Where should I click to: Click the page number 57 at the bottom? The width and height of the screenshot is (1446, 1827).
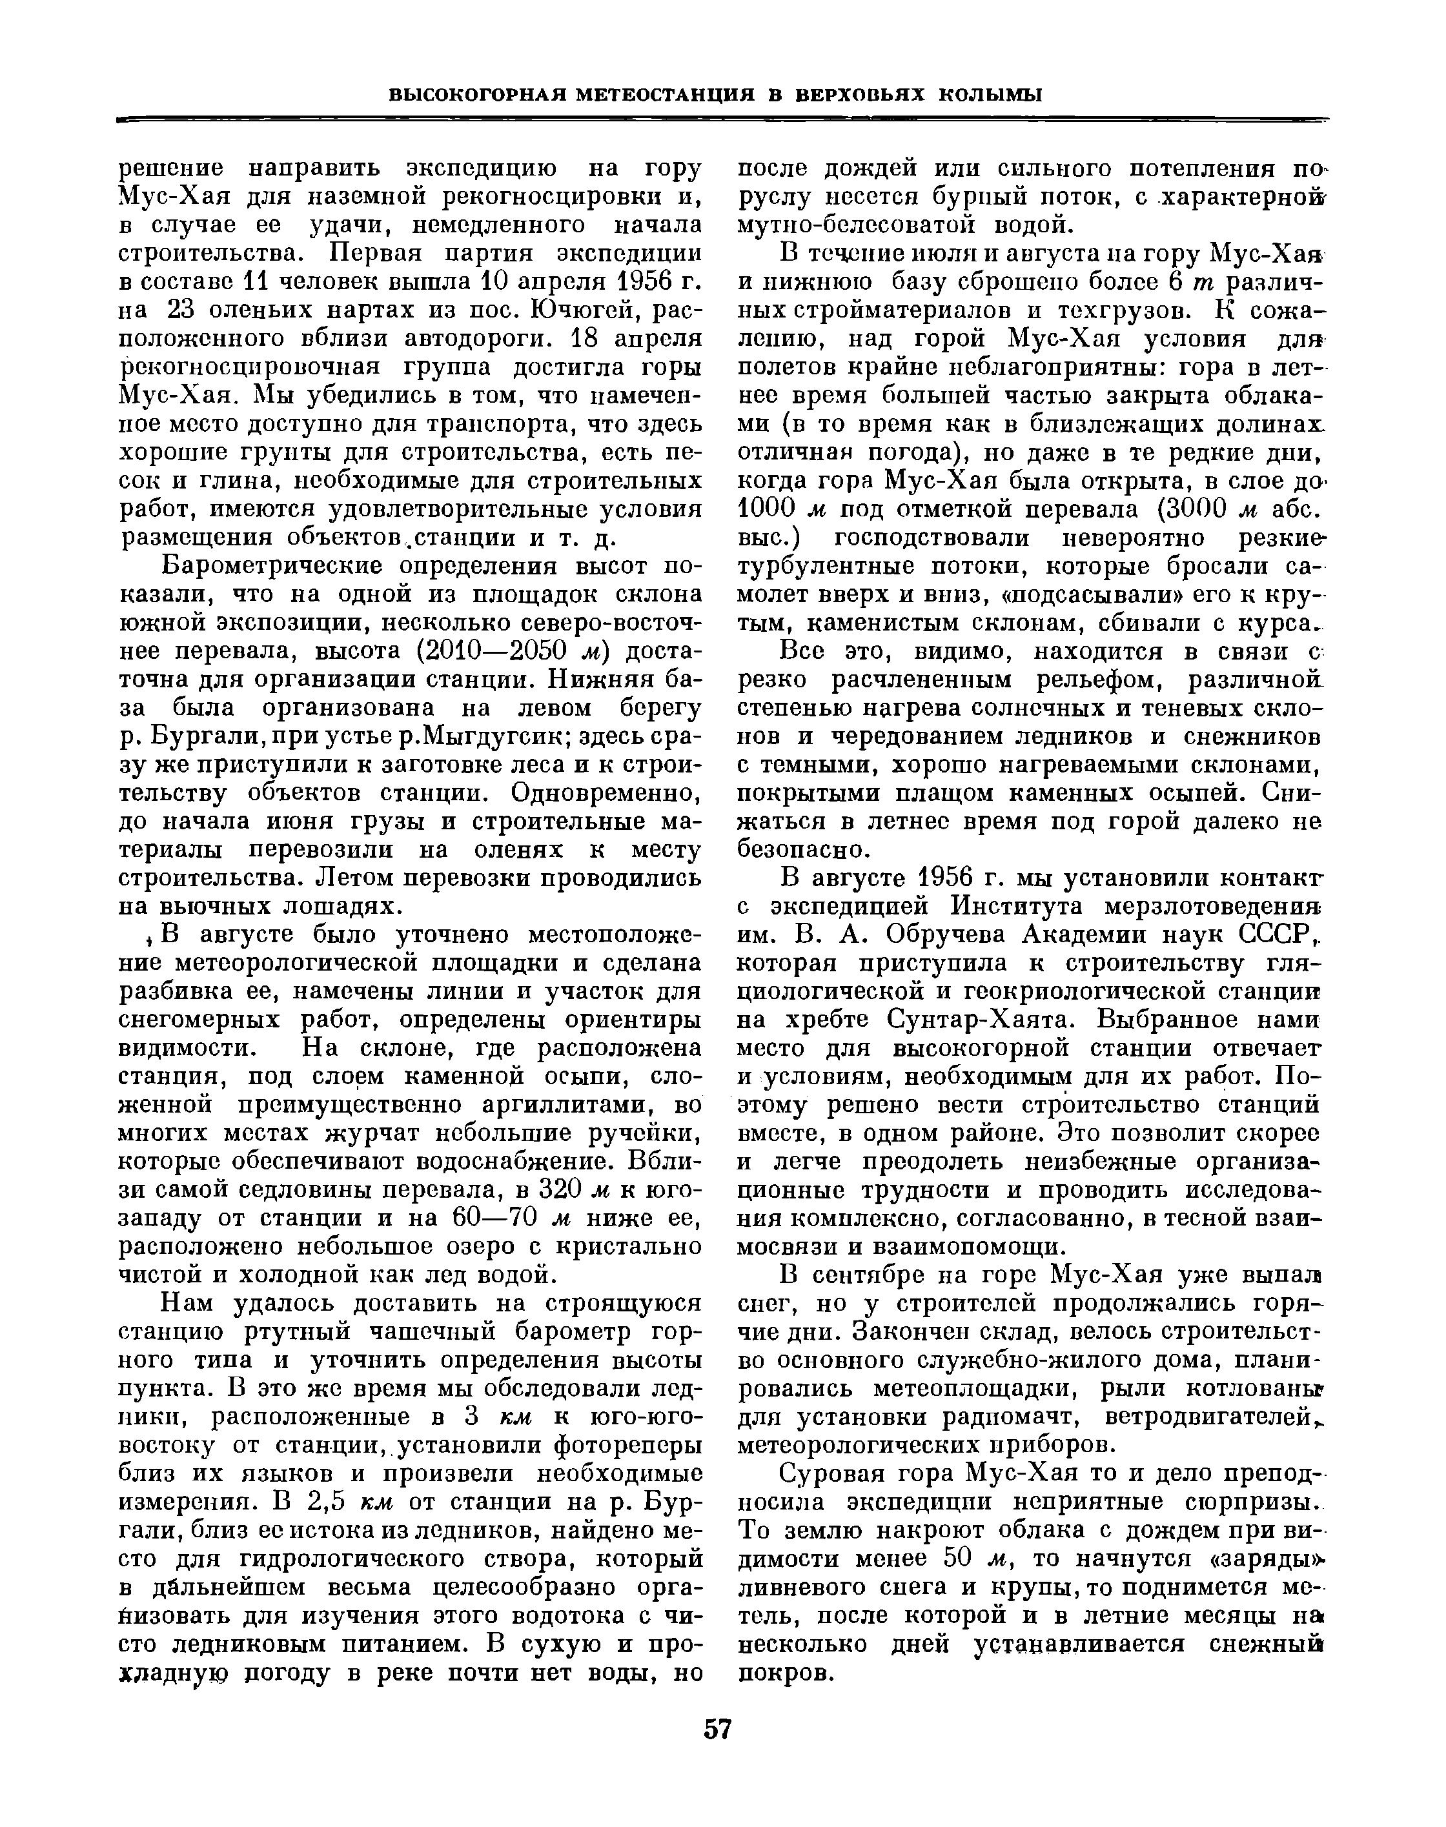(x=717, y=1729)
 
